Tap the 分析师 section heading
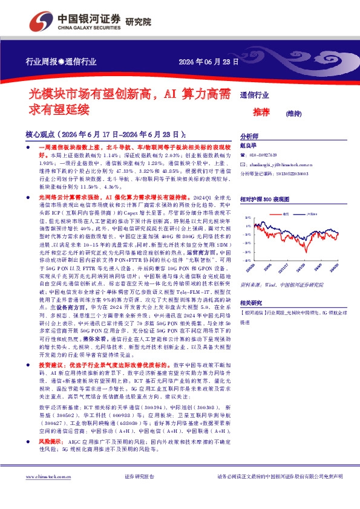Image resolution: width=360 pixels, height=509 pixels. click(249, 137)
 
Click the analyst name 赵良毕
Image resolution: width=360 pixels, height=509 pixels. click(249, 146)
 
